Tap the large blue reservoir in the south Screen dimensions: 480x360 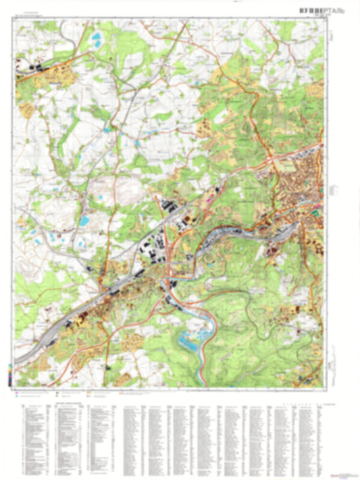click(x=192, y=341)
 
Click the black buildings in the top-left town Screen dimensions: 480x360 click(x=38, y=68)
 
